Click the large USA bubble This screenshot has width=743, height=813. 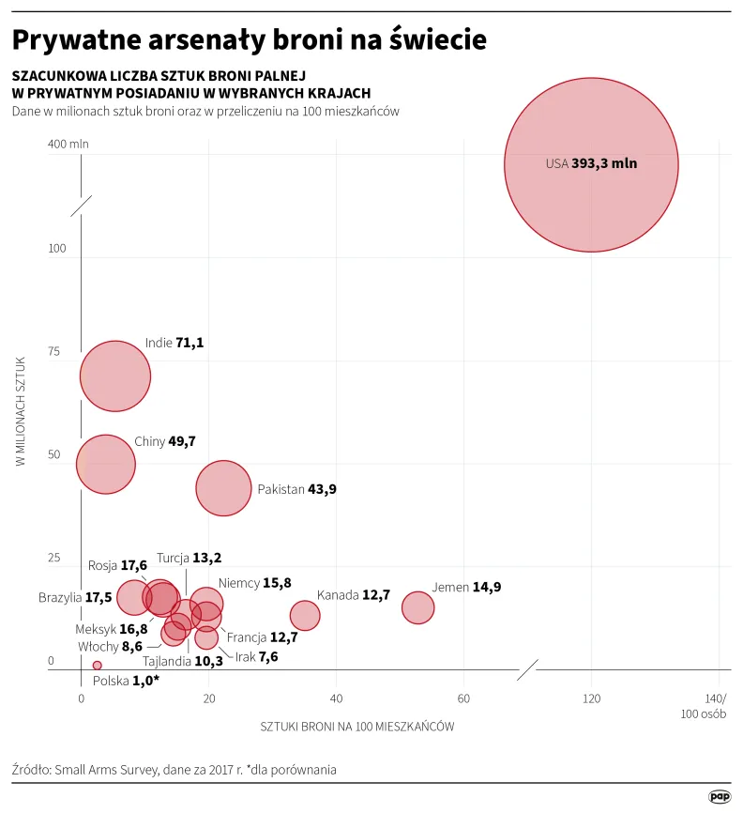(591, 164)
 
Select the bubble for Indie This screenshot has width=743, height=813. (115, 376)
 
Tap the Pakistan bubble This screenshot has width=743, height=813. (223, 488)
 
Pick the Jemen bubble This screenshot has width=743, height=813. (418, 607)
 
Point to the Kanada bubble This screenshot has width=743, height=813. (305, 615)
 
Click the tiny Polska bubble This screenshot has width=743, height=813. (97, 665)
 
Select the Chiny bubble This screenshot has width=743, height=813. (106, 463)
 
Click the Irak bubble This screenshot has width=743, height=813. (206, 638)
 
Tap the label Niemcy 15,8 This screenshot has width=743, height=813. (254, 583)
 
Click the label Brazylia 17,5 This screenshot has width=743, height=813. (75, 597)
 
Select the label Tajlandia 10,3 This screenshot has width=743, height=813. (182, 661)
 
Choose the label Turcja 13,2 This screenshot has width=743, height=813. (189, 558)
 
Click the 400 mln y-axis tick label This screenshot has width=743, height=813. (68, 145)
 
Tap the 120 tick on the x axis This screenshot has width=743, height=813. (591, 698)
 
